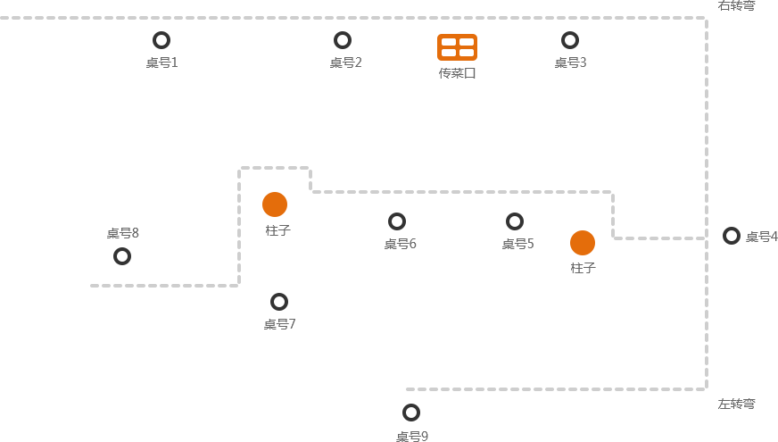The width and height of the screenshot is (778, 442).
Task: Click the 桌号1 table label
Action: tap(161, 63)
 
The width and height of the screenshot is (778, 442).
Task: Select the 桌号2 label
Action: tap(345, 63)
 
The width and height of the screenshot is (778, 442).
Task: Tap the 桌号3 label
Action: tap(570, 63)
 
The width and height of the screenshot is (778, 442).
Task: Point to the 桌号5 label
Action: tap(517, 244)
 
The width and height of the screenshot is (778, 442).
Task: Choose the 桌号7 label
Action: tap(279, 324)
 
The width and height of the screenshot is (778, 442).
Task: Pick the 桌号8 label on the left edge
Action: tap(123, 233)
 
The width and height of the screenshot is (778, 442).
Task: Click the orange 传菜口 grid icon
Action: tap(457, 47)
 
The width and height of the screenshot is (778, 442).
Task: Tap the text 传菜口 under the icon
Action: tap(457, 73)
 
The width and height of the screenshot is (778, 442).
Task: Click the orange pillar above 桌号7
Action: tap(275, 204)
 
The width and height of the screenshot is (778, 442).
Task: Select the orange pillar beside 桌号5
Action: tap(583, 243)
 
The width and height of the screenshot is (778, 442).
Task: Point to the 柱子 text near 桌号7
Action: tap(277, 230)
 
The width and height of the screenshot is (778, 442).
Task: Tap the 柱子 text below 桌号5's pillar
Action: tap(583, 268)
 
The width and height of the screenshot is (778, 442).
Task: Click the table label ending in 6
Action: tap(401, 244)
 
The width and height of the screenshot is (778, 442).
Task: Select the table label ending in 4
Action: tap(762, 237)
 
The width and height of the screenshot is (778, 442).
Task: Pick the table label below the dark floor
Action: tap(412, 437)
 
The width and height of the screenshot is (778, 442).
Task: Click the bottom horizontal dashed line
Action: tap(553, 389)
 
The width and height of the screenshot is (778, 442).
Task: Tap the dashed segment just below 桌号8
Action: tap(175, 286)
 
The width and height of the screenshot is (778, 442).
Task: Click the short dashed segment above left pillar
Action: tap(274, 168)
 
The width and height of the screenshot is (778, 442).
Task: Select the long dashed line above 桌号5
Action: tap(460, 192)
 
